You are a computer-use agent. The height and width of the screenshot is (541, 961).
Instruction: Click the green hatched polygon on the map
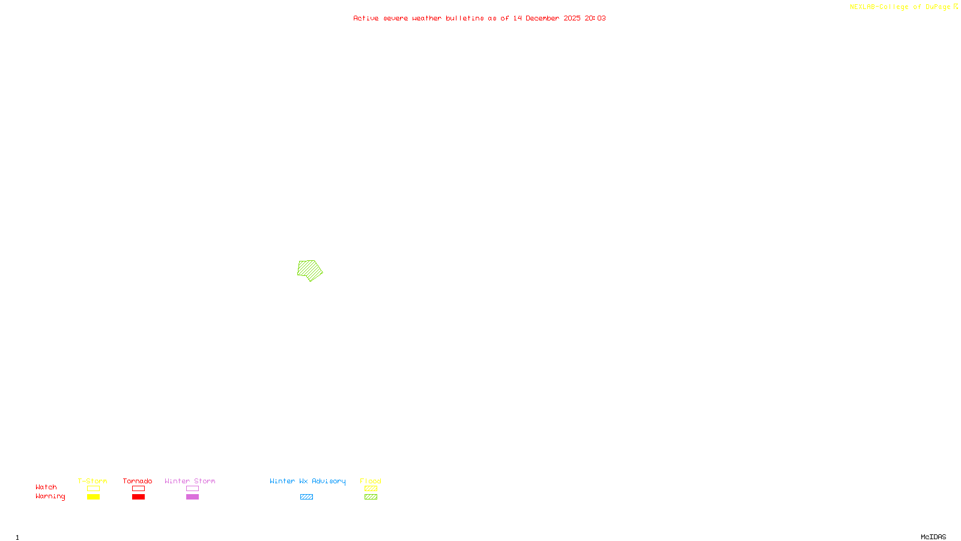click(x=309, y=270)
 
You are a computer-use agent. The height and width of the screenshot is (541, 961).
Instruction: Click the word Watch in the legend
click(x=46, y=487)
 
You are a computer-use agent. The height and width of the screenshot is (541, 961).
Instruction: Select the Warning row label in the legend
click(x=50, y=497)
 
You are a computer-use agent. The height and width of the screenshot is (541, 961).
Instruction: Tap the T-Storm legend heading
click(x=92, y=481)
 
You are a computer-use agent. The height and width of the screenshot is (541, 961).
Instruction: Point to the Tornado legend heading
click(x=138, y=481)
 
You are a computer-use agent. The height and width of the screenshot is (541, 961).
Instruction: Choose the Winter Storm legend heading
click(x=190, y=481)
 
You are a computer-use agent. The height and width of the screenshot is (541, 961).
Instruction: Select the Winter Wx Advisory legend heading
click(x=308, y=481)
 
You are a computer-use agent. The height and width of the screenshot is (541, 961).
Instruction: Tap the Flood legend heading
click(x=371, y=481)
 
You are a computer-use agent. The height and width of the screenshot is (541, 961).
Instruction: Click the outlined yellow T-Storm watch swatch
click(x=93, y=489)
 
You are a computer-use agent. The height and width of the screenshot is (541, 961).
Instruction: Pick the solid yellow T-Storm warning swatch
click(x=93, y=497)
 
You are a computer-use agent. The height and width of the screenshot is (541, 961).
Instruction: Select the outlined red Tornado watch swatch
click(x=138, y=489)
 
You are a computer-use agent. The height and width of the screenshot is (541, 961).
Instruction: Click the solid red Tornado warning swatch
click(x=138, y=497)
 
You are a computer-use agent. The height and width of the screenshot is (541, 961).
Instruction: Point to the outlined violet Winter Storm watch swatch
click(x=192, y=489)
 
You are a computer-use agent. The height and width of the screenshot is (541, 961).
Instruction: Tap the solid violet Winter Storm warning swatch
click(x=192, y=497)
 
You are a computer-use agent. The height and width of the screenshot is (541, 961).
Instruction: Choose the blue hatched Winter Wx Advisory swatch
click(x=306, y=497)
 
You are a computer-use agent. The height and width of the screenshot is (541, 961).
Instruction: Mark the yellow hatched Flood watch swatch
click(x=371, y=489)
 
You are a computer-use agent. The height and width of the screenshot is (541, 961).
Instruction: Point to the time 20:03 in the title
click(x=595, y=18)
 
